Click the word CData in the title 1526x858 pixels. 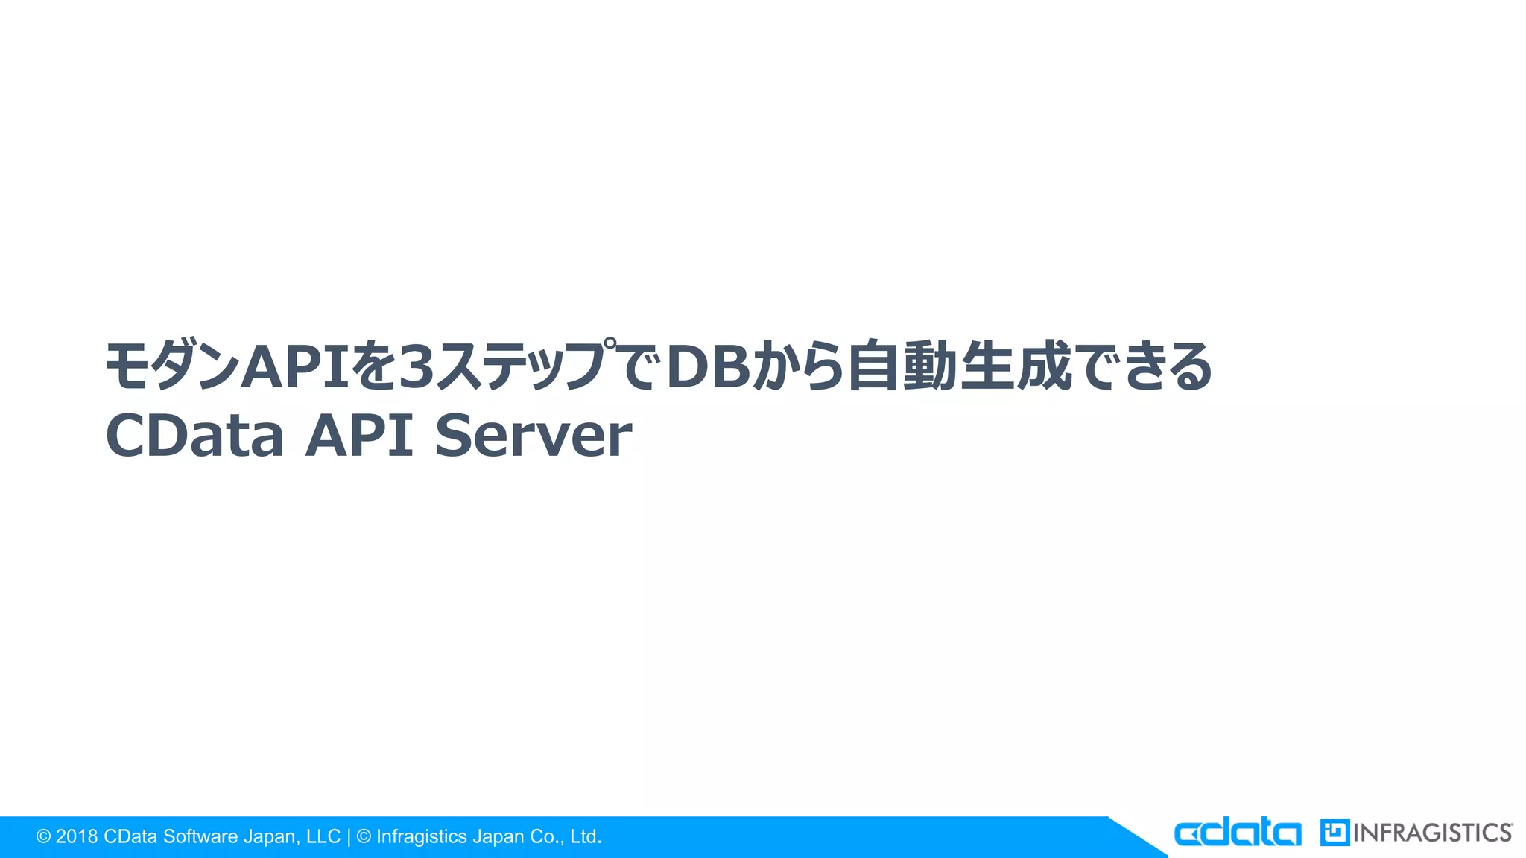pyautogui.click(x=194, y=435)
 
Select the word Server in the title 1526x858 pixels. pyautogui.click(x=534, y=435)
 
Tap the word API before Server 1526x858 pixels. pyautogui.click(x=359, y=435)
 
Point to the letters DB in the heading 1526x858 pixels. pyautogui.click(x=709, y=366)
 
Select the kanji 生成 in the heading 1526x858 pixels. pyautogui.click(x=1016, y=366)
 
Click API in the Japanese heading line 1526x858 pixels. pyautogui.click(x=296, y=366)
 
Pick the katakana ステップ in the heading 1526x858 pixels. pyautogui.click(x=522, y=366)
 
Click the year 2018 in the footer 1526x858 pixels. pyautogui.click(x=77, y=836)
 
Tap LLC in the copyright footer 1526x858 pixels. pyautogui.click(x=323, y=836)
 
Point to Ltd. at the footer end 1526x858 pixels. pyautogui.click(x=586, y=836)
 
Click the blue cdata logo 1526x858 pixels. pyautogui.click(x=1238, y=833)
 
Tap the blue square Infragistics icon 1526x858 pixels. pyautogui.click(x=1335, y=833)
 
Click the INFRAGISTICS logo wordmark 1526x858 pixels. pyautogui.click(x=1432, y=833)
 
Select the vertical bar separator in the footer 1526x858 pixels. pyautogui.click(x=349, y=836)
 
